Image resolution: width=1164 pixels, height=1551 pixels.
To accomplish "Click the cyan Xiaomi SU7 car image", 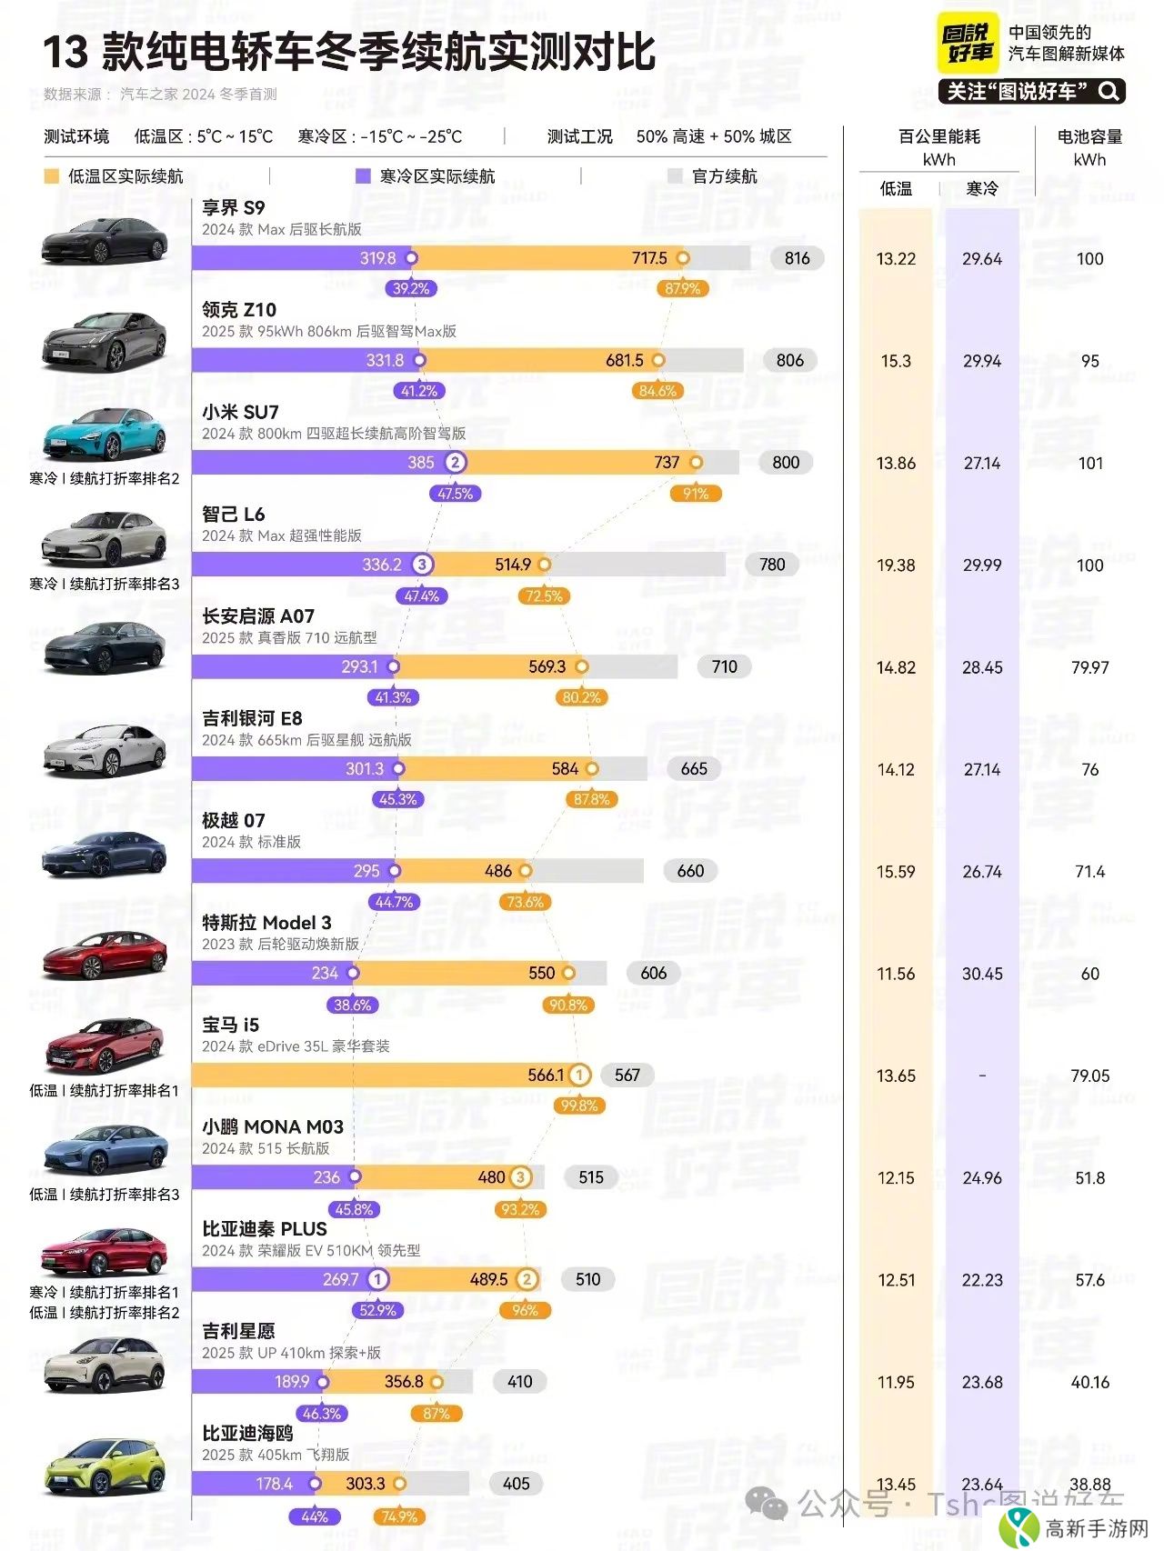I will [105, 435].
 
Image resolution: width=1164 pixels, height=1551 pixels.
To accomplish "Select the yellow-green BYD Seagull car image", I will [105, 1466].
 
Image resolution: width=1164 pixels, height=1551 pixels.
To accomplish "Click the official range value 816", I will [797, 258].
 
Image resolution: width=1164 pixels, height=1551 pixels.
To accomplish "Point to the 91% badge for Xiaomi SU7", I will [696, 494].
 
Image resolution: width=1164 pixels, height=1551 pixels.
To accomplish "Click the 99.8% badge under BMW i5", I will [579, 1106].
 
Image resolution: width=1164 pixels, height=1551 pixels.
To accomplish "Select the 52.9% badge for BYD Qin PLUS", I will [377, 1310].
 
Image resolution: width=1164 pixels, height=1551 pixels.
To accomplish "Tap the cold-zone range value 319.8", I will [377, 258].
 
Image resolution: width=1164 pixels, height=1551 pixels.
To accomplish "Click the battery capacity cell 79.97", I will [1089, 667].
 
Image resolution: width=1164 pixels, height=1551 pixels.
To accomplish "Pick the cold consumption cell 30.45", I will [982, 974].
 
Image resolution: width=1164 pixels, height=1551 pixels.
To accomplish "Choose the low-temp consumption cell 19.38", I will [896, 565].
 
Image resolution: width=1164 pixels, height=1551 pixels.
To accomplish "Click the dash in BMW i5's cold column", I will [982, 1076].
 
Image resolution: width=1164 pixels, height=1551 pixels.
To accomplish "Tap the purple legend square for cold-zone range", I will [363, 175].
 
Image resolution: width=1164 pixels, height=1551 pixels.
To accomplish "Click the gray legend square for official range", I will [675, 175].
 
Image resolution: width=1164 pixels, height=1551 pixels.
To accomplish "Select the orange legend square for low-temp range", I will [52, 175].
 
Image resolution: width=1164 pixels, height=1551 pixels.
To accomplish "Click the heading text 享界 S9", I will [234, 207].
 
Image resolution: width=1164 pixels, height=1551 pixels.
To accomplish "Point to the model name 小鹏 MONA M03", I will [273, 1126].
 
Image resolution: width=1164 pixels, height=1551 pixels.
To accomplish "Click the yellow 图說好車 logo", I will [968, 43].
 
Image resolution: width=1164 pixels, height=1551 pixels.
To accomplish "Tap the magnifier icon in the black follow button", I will [1109, 91].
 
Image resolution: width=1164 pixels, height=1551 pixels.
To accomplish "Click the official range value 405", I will [516, 1484].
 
